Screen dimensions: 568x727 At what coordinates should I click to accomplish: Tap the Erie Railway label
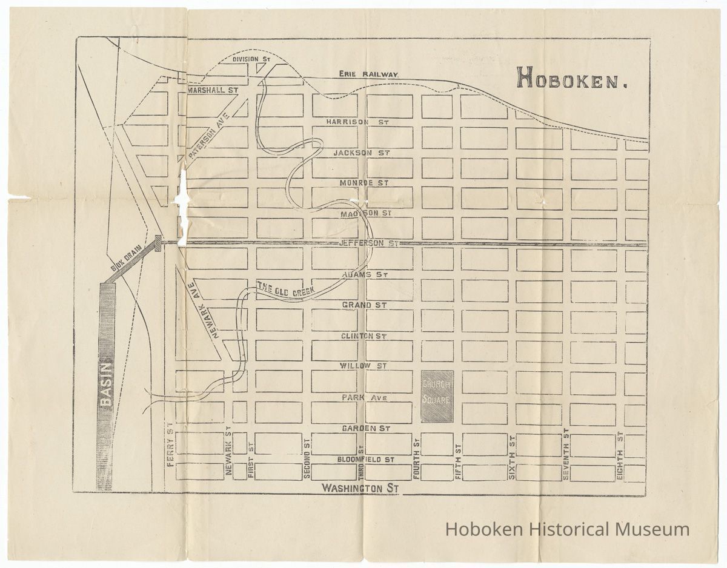368,74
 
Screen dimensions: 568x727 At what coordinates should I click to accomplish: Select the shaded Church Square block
437,397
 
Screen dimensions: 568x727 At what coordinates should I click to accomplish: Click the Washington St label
360,487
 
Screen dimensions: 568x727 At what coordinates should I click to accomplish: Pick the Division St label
251,59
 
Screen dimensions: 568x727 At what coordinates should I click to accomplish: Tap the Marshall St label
211,90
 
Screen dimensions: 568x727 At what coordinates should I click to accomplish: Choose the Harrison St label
357,122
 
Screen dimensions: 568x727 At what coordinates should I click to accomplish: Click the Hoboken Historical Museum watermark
567,529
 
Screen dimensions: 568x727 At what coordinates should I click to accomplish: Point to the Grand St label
364,305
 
